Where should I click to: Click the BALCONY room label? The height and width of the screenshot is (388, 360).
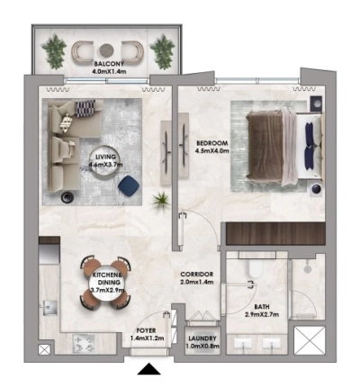pyautogui.click(x=107, y=63)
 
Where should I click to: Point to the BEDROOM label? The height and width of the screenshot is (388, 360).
pyautogui.click(x=212, y=143)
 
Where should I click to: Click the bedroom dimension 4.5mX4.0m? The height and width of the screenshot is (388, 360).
pyautogui.click(x=212, y=151)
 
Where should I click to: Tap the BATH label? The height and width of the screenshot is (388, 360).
pyautogui.click(x=261, y=307)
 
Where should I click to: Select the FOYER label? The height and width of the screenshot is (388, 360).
pyautogui.click(x=146, y=331)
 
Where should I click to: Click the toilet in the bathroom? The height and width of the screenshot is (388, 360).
pyautogui.click(x=255, y=266)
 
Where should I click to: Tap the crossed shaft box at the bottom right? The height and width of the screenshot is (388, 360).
pyautogui.click(x=311, y=344)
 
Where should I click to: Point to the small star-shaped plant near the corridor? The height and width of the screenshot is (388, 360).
pyautogui.click(x=161, y=199)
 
